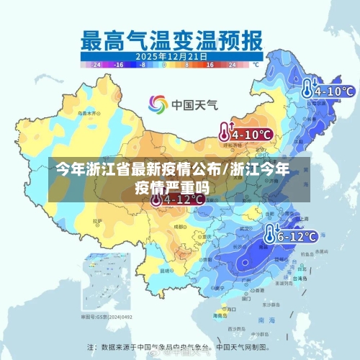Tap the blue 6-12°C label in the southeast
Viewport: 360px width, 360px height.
[x=297, y=235]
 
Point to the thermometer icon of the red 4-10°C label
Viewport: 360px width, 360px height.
[x=225, y=132]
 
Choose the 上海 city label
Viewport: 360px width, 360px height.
[x=300, y=217]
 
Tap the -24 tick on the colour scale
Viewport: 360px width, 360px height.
[x=94, y=65]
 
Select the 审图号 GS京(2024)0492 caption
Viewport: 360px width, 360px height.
[x=106, y=317]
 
